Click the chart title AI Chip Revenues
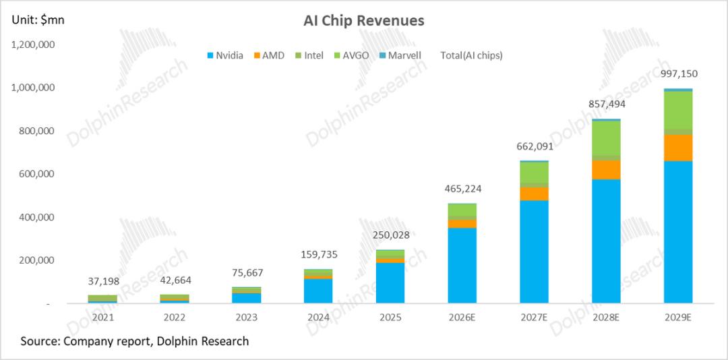[x=363, y=21]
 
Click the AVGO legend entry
[x=353, y=55]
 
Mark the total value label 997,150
[x=677, y=73]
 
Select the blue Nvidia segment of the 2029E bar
[x=677, y=233]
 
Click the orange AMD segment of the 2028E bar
[x=606, y=169]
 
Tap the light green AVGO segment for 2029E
[x=677, y=110]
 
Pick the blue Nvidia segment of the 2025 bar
[x=390, y=283]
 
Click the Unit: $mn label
[x=37, y=21]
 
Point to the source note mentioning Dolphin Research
[x=135, y=341]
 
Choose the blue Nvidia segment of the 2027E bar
[x=534, y=252]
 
